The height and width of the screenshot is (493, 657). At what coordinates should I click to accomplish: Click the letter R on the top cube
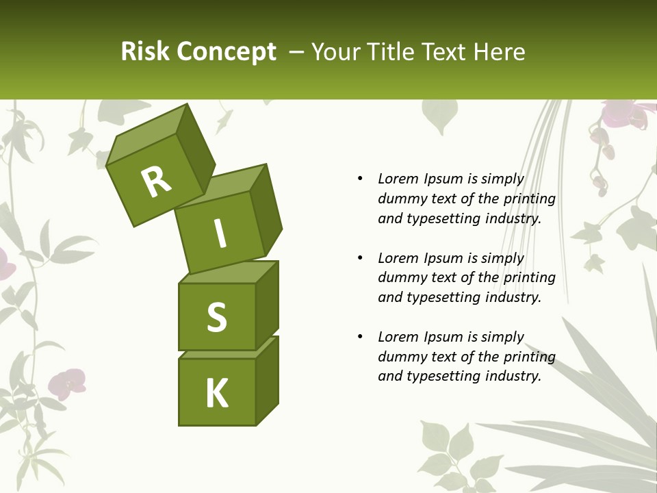coord(156,181)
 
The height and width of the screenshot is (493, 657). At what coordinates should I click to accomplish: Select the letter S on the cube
coord(217,317)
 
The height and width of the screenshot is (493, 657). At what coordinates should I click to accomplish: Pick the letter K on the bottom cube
coord(217,394)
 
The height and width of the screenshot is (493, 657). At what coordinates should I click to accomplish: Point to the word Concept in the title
coord(225,52)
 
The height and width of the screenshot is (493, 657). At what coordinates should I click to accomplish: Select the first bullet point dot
coord(360,179)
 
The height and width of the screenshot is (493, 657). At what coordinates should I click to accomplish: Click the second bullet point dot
coord(360,258)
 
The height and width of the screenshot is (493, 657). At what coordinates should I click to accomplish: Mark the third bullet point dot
coord(360,337)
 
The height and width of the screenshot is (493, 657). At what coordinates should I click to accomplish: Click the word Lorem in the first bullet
coord(398,179)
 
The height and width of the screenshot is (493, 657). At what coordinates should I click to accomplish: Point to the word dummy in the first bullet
coord(400,199)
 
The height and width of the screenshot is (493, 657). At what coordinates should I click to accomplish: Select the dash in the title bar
coord(297,51)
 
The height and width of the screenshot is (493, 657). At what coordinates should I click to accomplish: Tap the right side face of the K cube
coord(268,380)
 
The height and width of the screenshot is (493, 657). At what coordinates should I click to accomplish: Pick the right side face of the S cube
coord(268,305)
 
